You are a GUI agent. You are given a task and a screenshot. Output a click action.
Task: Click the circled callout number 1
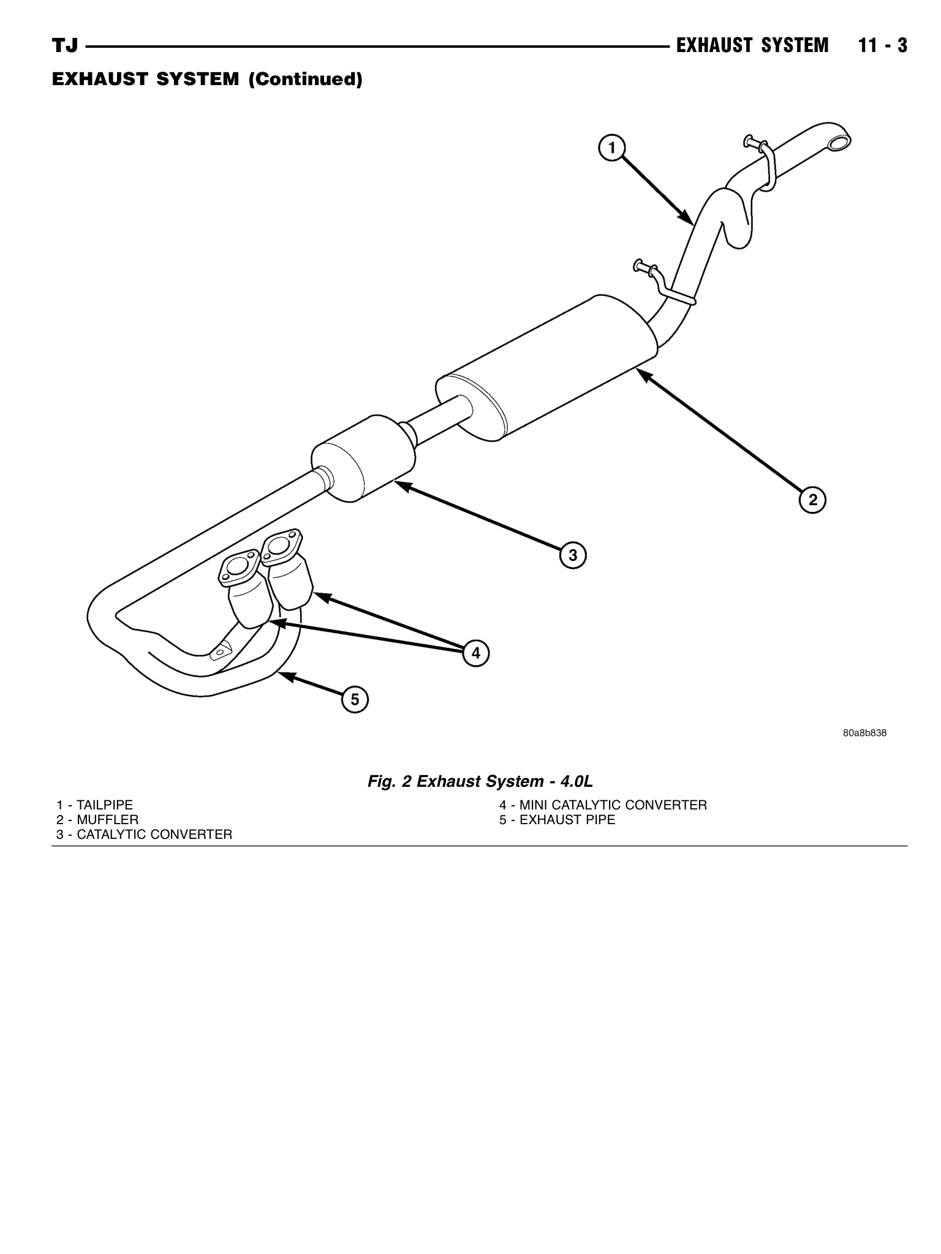[x=611, y=148]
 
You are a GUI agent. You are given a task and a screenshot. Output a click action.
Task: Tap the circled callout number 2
[x=812, y=500]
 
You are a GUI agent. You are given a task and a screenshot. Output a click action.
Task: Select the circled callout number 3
[x=573, y=555]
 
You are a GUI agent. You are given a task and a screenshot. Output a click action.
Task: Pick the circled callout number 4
[x=476, y=653]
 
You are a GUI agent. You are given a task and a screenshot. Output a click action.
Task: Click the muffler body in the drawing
[x=545, y=367]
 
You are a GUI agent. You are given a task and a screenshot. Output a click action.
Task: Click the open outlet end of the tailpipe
[x=838, y=143]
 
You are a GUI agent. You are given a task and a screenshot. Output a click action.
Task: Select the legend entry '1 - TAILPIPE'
[x=94, y=805]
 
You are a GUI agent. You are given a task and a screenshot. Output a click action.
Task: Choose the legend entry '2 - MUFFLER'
[x=97, y=820]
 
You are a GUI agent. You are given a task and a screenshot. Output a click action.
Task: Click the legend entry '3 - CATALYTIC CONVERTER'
[x=144, y=835]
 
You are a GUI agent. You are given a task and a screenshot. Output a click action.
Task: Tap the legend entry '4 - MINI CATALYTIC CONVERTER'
[x=603, y=805]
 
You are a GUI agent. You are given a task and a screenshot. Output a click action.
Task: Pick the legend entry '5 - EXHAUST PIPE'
[x=557, y=820]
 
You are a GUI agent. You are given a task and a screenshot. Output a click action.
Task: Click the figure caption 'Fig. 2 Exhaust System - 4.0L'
[x=480, y=781]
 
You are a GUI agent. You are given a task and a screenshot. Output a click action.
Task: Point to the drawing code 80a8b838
[x=864, y=733]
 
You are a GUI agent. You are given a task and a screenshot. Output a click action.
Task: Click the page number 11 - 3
[x=882, y=46]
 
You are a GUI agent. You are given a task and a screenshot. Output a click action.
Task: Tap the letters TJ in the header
[x=65, y=46]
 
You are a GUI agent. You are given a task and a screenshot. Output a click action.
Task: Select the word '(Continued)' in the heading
[x=304, y=80]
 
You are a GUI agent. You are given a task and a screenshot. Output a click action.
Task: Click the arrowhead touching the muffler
[x=643, y=374]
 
